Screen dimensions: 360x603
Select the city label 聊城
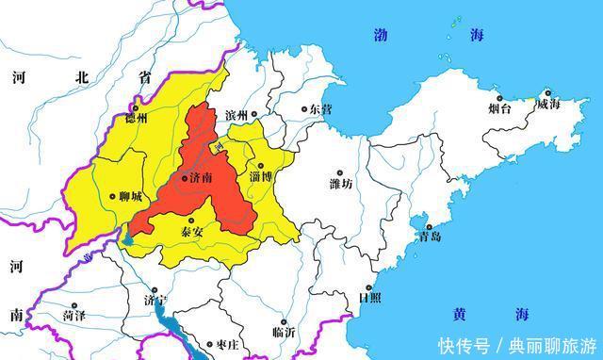(x=130, y=197)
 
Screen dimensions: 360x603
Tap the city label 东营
(x=321, y=109)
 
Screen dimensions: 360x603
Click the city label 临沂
(x=284, y=332)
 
